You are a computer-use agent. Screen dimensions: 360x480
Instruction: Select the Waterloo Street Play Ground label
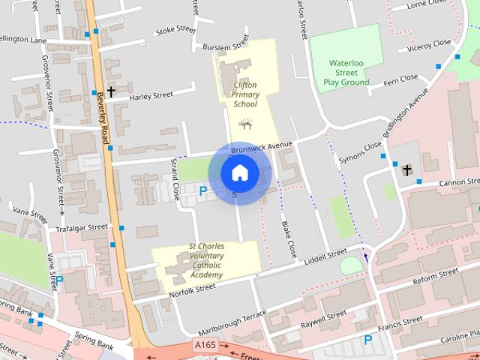pos(346,73)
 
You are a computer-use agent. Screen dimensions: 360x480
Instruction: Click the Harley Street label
pos(151,95)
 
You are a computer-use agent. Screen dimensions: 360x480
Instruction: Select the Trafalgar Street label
pos(87,227)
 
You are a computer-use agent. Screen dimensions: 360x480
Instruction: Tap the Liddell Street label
pos(325,256)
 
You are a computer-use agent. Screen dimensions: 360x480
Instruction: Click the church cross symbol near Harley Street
pos(111,91)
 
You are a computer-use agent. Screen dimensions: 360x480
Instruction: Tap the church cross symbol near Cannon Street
pos(406,170)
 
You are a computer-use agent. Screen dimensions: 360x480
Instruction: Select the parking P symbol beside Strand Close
pos(202,192)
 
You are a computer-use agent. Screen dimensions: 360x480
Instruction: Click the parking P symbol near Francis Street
pos(367,340)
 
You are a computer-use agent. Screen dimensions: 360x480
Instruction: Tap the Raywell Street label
pos(323,318)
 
